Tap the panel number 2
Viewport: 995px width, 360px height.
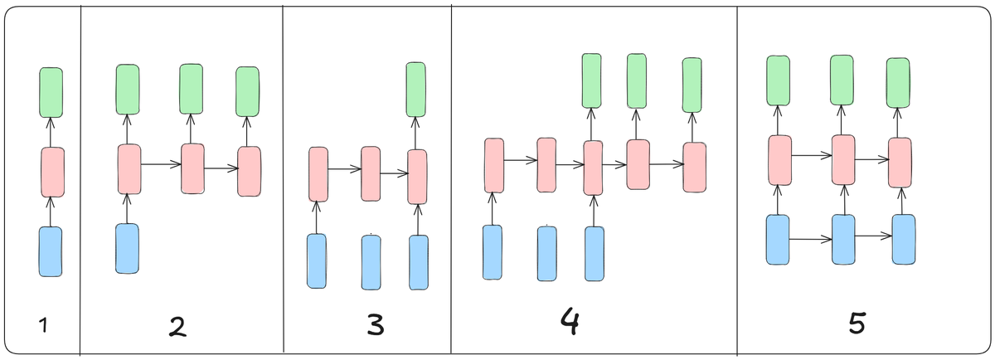(177, 326)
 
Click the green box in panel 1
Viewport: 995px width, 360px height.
(51, 92)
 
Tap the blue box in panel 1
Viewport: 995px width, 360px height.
(51, 251)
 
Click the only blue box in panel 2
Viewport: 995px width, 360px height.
(127, 248)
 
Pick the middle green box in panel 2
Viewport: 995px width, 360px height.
(192, 89)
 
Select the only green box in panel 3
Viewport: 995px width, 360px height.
(415, 89)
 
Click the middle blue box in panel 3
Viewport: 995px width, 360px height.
(371, 262)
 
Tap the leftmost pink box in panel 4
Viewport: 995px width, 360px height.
(494, 165)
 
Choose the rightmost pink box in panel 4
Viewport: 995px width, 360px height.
(694, 167)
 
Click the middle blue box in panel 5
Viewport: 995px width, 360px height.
(843, 239)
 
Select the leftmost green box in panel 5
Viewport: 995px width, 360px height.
(778, 81)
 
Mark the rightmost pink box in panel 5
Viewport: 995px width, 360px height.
(900, 162)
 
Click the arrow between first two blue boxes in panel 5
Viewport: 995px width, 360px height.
(810, 239)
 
